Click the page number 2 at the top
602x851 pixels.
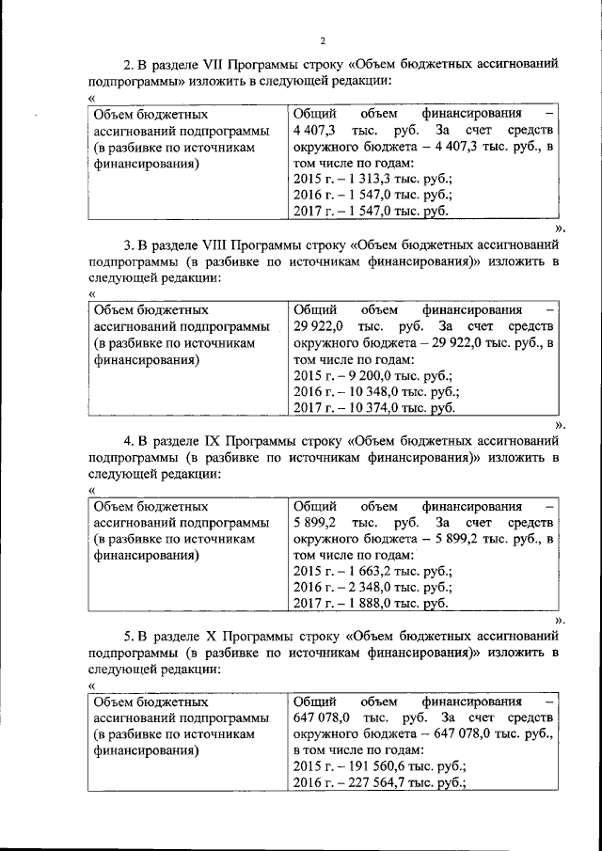(322, 40)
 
